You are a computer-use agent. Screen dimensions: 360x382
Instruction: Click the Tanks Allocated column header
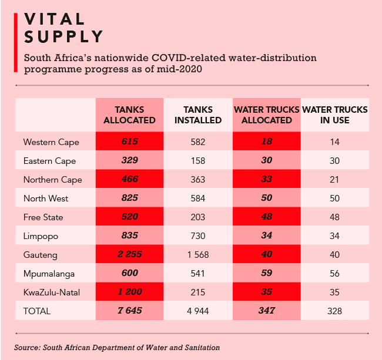pos(129,115)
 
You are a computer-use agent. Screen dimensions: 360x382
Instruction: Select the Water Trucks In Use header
pos(335,115)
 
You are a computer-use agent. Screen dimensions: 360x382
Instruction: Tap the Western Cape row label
pos(51,142)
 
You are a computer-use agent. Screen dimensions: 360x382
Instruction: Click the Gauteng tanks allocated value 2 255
pos(129,254)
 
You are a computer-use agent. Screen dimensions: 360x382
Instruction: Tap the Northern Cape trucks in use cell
pos(335,180)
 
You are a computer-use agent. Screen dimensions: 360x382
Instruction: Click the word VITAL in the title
pos(53,18)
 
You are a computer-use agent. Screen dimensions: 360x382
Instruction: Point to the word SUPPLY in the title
pos(63,37)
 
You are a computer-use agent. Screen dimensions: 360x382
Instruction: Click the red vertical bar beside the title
pos(16,41)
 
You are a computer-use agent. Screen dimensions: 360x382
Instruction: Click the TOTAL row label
pos(37,311)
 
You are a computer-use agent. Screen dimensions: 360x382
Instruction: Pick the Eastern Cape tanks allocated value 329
pos(129,161)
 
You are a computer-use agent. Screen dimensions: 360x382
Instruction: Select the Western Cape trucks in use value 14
pos(335,142)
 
